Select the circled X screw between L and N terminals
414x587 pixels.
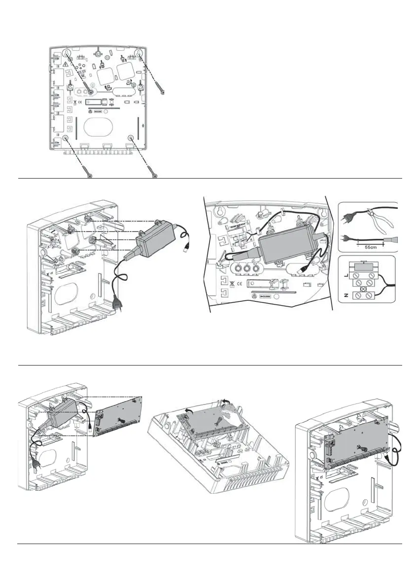click(365, 289)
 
